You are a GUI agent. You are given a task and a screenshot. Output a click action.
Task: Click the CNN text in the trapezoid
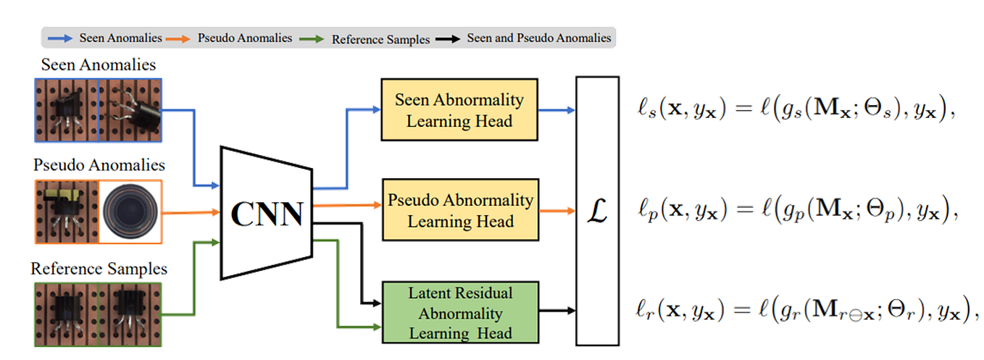click(267, 212)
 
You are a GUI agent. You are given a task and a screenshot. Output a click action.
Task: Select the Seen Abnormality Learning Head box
click(459, 110)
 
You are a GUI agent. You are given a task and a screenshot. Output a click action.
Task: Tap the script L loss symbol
click(599, 212)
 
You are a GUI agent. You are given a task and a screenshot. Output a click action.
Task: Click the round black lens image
click(130, 211)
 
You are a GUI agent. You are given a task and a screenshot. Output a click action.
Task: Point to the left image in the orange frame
click(65, 211)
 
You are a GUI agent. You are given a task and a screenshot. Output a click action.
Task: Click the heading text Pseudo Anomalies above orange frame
click(99, 165)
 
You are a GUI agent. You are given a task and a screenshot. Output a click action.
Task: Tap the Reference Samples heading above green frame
click(99, 269)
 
